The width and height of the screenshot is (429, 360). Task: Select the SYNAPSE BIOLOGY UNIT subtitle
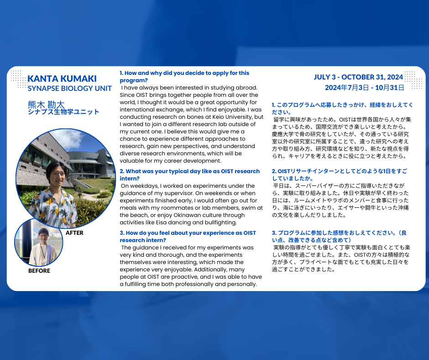pyautogui.click(x=69, y=88)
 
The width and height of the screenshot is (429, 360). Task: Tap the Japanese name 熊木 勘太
pyautogui.click(x=46, y=104)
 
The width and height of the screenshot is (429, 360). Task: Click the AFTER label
pyautogui.click(x=75, y=233)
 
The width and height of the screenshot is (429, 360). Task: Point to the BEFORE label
pyautogui.click(x=39, y=271)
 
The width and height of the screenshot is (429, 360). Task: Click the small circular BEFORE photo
pyautogui.click(x=39, y=242)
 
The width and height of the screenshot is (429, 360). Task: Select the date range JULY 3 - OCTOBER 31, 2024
pyautogui.click(x=358, y=77)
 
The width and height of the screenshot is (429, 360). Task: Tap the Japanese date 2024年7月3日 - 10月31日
pyautogui.click(x=364, y=87)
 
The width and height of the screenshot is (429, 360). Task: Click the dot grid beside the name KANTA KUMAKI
pyautogui.click(x=18, y=78)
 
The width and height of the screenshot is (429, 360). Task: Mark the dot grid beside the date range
pyautogui.click(x=413, y=79)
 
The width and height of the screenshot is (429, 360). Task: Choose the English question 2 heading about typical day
pyautogui.click(x=189, y=175)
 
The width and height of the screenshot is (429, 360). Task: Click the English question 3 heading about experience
pyautogui.click(x=188, y=236)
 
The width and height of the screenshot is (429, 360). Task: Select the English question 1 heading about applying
pyautogui.click(x=184, y=76)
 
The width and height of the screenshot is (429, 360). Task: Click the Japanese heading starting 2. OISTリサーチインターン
pyautogui.click(x=339, y=175)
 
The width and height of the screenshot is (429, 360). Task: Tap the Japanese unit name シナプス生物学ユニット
pyautogui.click(x=63, y=112)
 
